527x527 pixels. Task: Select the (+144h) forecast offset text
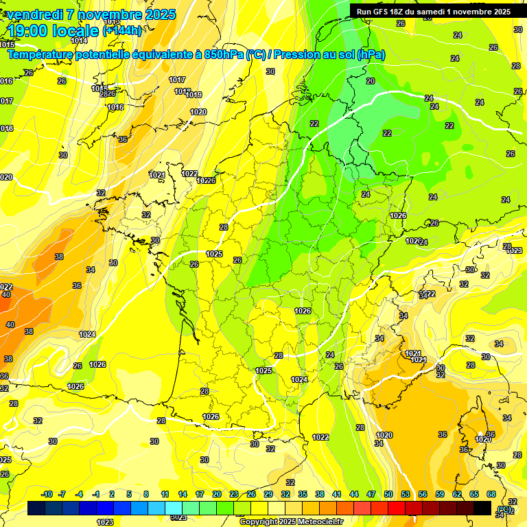[x=122, y=31]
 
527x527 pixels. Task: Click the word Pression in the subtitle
[x=292, y=55]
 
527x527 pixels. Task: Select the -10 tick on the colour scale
[x=47, y=495]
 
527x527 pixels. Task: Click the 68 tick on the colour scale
[x=491, y=495]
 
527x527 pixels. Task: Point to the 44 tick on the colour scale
[x=354, y=495]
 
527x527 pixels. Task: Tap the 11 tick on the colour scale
[x=165, y=495]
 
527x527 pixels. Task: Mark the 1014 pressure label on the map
[x=79, y=60]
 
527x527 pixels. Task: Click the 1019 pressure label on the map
[x=194, y=95]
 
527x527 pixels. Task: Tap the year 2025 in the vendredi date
[x=156, y=14]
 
